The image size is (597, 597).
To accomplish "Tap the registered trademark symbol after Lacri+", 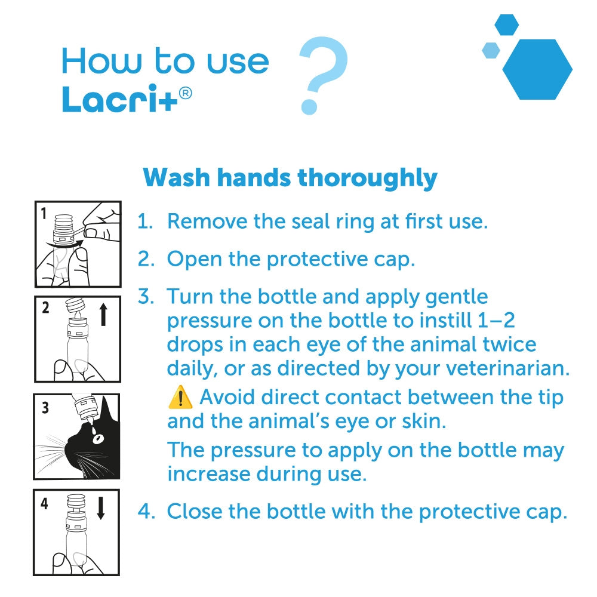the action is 185,94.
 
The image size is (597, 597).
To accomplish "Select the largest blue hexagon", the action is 537,69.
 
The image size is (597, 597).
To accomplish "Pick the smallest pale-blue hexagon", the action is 491,50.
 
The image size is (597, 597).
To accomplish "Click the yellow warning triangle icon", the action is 180,398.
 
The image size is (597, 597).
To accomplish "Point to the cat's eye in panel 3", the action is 99,439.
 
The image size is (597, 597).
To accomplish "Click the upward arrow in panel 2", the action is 103,315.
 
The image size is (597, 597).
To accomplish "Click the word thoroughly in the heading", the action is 367,178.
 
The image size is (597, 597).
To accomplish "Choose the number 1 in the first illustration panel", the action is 44,213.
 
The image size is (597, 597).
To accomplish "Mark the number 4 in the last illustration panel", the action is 45,503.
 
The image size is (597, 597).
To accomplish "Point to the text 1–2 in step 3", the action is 496,320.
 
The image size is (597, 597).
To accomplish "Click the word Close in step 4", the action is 195,511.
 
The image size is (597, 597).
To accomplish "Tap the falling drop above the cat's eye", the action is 93,429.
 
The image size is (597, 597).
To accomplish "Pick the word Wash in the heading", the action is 177,178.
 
